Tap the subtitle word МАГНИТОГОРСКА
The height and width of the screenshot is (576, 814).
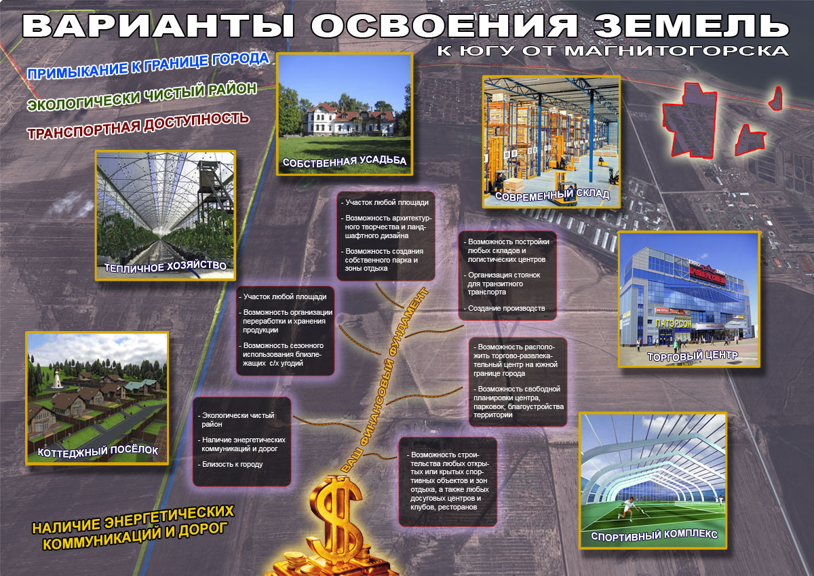pyautogui.click(x=677, y=50)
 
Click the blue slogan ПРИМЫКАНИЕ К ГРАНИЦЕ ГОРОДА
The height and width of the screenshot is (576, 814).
pyautogui.click(x=149, y=66)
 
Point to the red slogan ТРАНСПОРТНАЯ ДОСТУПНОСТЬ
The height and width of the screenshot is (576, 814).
pyautogui.click(x=138, y=126)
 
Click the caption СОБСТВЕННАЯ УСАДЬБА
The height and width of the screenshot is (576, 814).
pyautogui.click(x=345, y=161)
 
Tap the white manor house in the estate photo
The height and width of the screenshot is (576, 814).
pyautogui.click(x=348, y=119)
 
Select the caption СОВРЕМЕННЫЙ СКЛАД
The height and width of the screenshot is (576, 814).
pyautogui.click(x=552, y=195)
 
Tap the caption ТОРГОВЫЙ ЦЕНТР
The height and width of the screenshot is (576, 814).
pyautogui.click(x=693, y=356)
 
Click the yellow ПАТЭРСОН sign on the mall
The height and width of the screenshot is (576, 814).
pyautogui.click(x=673, y=323)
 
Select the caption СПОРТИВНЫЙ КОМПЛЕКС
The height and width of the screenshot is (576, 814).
pyautogui.click(x=654, y=535)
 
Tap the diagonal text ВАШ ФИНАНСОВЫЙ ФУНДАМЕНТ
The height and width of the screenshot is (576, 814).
pyautogui.click(x=385, y=380)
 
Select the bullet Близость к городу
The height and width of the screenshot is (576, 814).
pyautogui.click(x=230, y=464)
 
